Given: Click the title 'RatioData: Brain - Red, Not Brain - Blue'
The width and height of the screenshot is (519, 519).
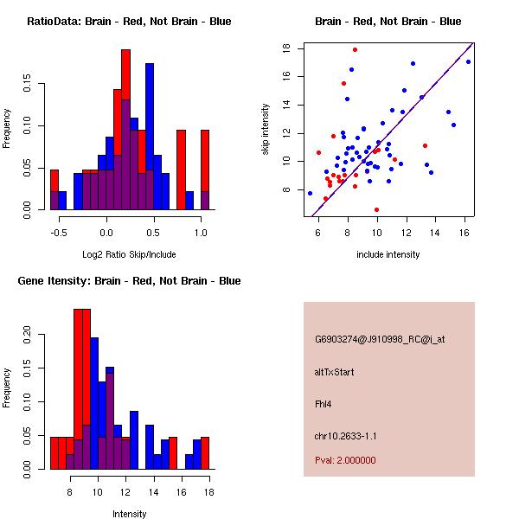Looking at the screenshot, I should (x=128, y=22).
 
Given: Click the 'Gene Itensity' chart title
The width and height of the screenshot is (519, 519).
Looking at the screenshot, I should (x=128, y=281).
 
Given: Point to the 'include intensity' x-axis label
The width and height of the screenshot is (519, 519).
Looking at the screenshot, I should (x=388, y=254).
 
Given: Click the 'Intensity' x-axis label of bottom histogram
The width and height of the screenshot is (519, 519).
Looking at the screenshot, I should (x=129, y=514).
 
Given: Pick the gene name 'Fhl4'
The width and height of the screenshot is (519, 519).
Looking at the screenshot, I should (x=323, y=403).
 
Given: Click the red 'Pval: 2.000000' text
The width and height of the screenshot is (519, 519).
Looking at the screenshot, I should (x=345, y=460).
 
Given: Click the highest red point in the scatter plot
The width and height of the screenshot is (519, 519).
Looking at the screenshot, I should (x=355, y=49).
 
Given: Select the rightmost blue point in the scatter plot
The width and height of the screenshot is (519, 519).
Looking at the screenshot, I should (x=468, y=61).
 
